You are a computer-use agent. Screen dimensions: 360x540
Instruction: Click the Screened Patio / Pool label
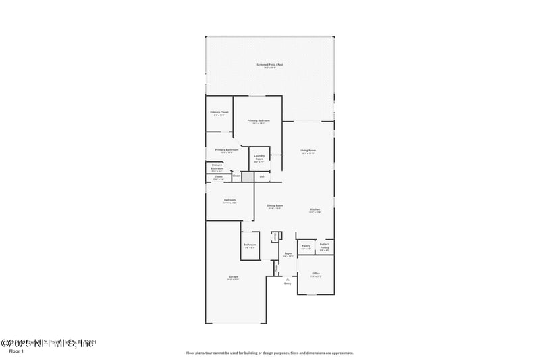pos(270,66)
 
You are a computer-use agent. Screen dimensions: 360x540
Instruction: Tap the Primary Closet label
pos(219,113)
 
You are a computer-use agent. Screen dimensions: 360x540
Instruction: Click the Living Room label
pos(308,151)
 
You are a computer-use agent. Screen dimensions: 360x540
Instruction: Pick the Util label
pos(262,176)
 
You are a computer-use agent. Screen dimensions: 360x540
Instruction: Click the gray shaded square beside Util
pos(248,176)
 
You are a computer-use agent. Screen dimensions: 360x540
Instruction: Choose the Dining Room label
pos(275,206)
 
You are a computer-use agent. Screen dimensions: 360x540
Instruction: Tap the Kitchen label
pos(315,211)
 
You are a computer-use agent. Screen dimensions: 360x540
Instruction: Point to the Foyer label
pos(288,255)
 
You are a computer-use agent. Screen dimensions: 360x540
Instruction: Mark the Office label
pos(315,275)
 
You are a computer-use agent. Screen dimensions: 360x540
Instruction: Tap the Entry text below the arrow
pos(288,284)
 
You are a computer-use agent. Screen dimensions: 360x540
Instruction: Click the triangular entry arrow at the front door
pos(288,278)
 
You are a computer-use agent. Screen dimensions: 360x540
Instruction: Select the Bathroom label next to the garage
pos(250,246)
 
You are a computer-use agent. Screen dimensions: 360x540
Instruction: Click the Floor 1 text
pos(16,352)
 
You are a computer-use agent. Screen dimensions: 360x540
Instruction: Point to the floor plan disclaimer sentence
pos(270,353)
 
